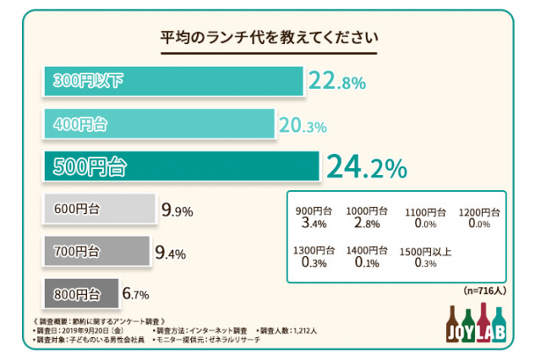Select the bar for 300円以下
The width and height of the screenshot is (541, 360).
(172, 82)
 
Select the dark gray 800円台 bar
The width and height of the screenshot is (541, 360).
(80, 294)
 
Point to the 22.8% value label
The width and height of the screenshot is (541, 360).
(336, 82)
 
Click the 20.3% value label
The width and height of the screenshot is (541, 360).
(303, 126)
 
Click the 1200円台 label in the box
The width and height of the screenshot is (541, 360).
(479, 211)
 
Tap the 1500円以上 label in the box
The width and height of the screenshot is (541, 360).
(423, 251)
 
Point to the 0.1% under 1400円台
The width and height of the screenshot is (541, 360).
(366, 264)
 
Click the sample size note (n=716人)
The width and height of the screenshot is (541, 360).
(484, 290)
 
